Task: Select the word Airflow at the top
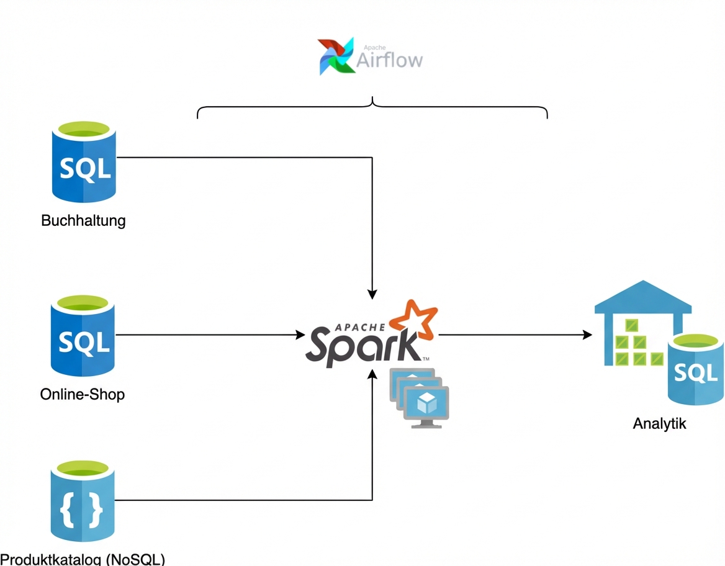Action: coord(390,60)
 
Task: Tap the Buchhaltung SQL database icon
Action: coord(84,163)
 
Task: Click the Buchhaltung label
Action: coord(83,220)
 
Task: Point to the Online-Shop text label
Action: coord(83,394)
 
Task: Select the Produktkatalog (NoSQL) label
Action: coord(83,559)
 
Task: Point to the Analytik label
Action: coord(660,424)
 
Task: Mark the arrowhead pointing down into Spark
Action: coord(372,294)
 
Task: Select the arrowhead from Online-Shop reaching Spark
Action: coord(300,335)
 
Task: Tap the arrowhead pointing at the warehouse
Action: coord(587,335)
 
